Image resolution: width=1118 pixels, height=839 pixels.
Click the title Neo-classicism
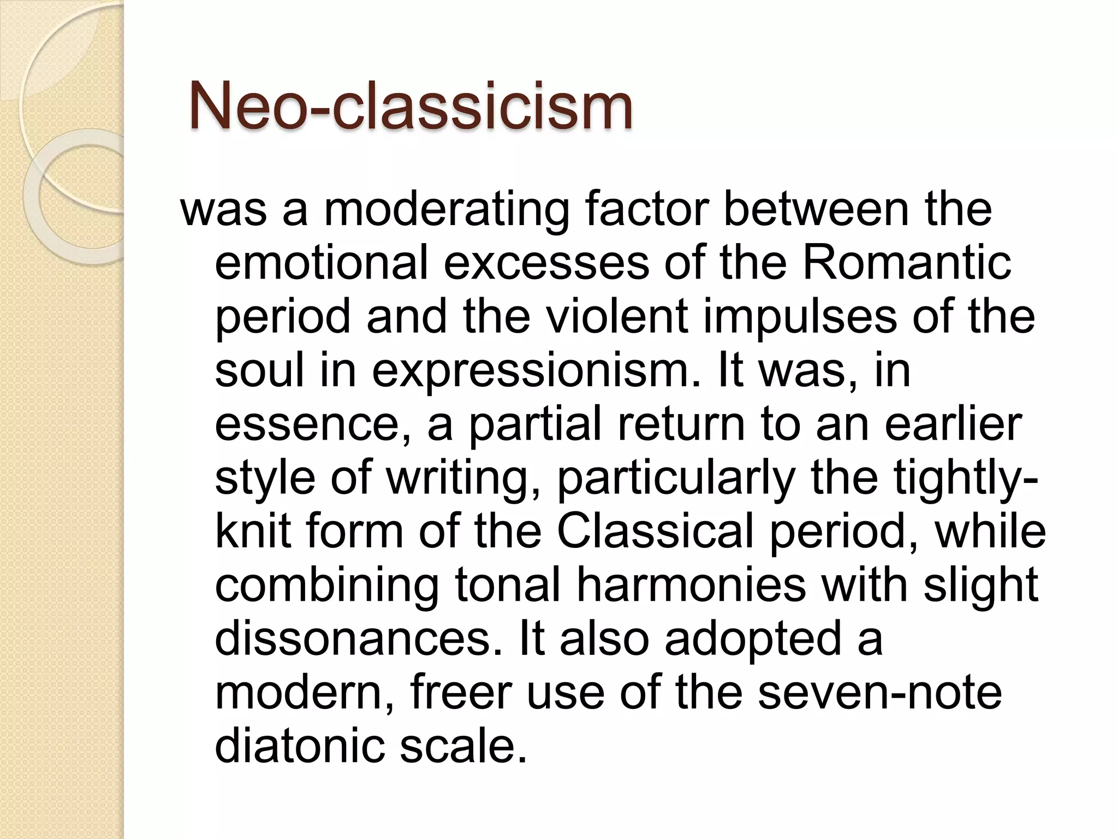click(x=411, y=106)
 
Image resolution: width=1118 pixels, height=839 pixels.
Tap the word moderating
click(x=447, y=210)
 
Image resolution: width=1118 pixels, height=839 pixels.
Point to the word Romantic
click(x=906, y=263)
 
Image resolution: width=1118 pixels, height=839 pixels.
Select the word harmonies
click(x=691, y=586)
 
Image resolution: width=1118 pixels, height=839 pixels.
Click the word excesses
click(x=546, y=264)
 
